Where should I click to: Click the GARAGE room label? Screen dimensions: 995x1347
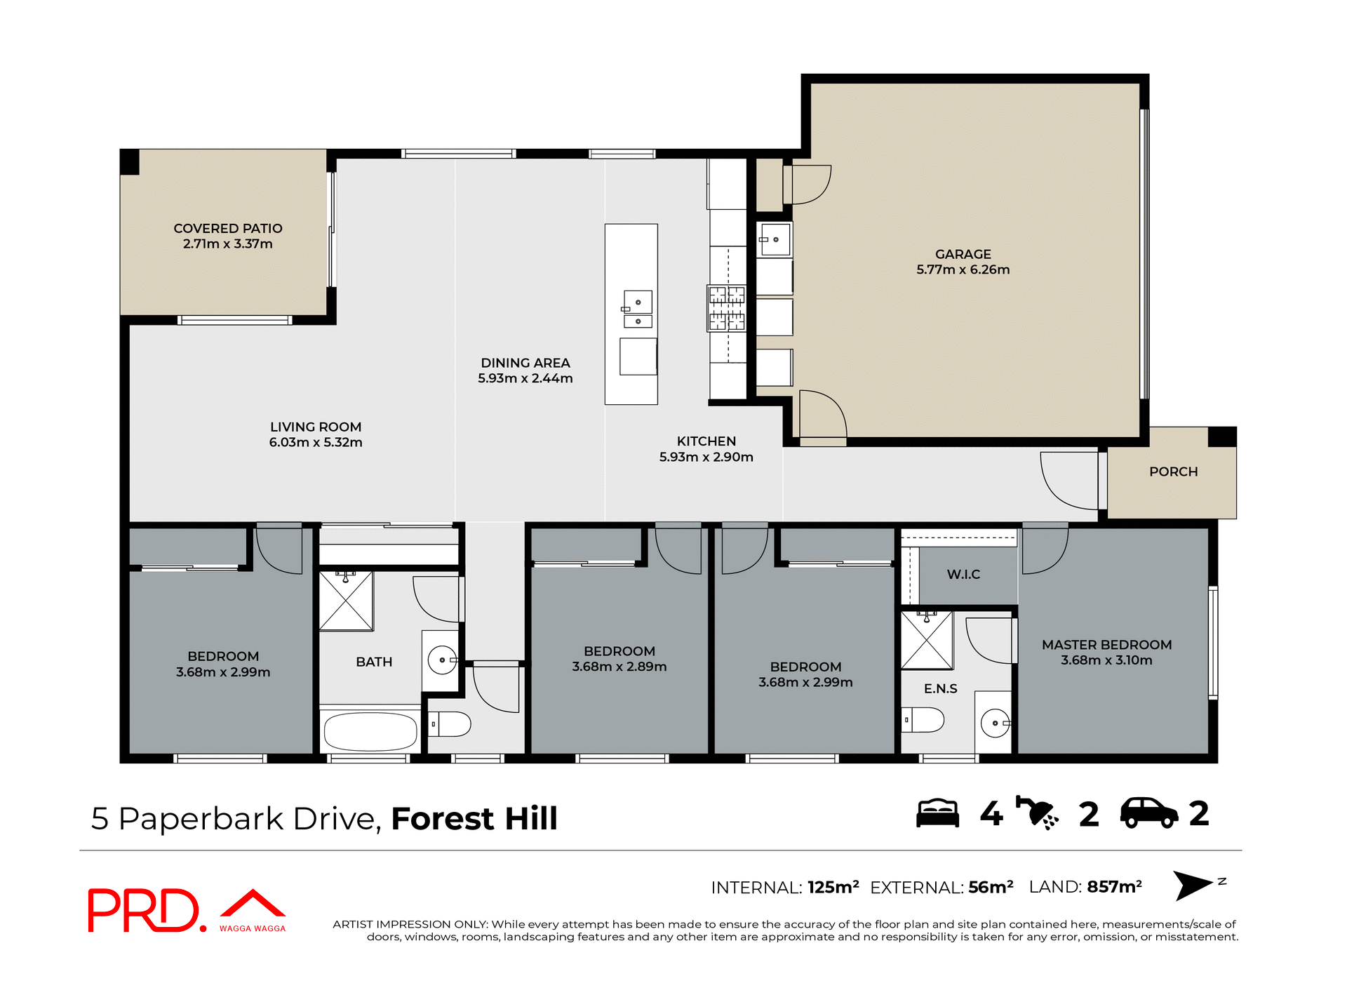click(963, 254)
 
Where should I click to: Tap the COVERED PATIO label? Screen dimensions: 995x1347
click(228, 228)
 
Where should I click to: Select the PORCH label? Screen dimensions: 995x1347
click(1173, 472)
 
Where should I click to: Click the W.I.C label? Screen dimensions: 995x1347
click(963, 574)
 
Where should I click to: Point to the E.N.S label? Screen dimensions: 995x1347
click(940, 688)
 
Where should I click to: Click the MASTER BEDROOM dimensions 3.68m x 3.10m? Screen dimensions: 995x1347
click(1106, 660)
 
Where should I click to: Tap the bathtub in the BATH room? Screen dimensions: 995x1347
click(370, 732)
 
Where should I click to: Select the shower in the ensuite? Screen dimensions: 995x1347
click(927, 640)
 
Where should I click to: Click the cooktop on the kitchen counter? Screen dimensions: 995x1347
click(726, 308)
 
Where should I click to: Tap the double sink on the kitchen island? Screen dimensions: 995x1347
click(638, 309)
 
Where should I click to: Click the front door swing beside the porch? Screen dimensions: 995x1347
click(1068, 480)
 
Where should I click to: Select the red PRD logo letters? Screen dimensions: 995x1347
click(144, 910)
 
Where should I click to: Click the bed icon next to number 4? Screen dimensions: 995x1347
click(937, 814)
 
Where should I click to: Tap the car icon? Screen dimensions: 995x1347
click(1148, 813)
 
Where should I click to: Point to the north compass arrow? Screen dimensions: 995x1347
click(1193, 885)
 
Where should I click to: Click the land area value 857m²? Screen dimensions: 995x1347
click(1114, 887)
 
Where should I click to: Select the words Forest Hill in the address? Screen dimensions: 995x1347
click(474, 819)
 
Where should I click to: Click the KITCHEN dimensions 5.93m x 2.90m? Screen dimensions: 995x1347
click(706, 457)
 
